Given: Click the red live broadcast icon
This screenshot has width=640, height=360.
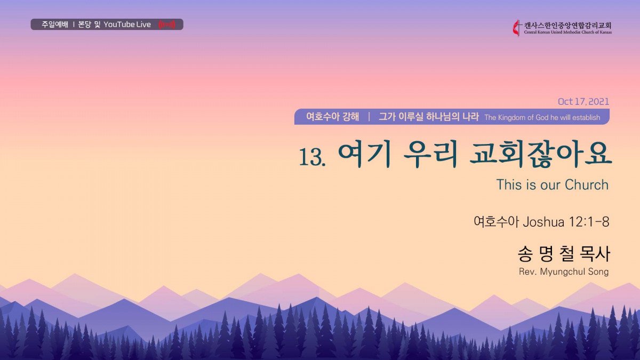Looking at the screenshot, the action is pyautogui.click(x=167, y=25).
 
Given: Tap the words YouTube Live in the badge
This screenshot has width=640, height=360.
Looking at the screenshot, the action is pyautogui.click(x=127, y=25).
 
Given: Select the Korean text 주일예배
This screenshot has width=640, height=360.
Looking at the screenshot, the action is pyautogui.click(x=55, y=25).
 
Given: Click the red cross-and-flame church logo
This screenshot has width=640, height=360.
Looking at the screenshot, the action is pyautogui.click(x=517, y=28).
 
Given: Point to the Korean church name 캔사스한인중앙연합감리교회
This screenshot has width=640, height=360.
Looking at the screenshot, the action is pyautogui.click(x=567, y=26).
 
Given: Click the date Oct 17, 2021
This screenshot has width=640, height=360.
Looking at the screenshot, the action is pyautogui.click(x=583, y=101).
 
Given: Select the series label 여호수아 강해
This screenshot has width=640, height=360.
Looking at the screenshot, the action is pyautogui.click(x=333, y=117).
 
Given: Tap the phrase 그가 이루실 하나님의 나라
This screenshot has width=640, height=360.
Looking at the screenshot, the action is pyautogui.click(x=429, y=117).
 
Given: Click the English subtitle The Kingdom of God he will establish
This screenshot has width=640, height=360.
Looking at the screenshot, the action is pyautogui.click(x=542, y=117).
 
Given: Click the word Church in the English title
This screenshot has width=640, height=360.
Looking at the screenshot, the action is pyautogui.click(x=587, y=185).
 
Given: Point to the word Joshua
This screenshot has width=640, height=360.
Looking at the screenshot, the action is pyautogui.click(x=543, y=222).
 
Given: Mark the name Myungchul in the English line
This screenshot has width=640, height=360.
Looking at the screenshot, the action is pyautogui.click(x=558, y=271).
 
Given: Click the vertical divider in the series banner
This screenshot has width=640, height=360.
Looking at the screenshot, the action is pyautogui.click(x=369, y=117).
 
